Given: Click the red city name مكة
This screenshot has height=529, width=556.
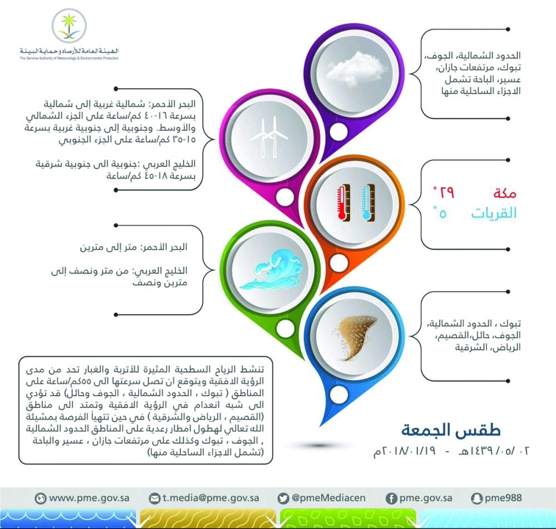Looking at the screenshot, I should point(504,193).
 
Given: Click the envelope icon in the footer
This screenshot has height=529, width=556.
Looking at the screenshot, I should point(155,498).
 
